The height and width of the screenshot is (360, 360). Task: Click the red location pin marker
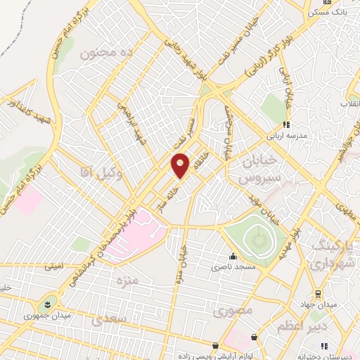pyautogui.click(x=180, y=166)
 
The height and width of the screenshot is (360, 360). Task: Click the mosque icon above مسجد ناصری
pyautogui.click(x=233, y=257)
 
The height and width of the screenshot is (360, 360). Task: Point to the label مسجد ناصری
pyautogui.click(x=233, y=268)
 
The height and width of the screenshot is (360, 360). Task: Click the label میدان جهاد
pyautogui.click(x=318, y=304)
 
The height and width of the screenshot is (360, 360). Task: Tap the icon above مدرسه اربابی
pyautogui.click(x=286, y=125)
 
